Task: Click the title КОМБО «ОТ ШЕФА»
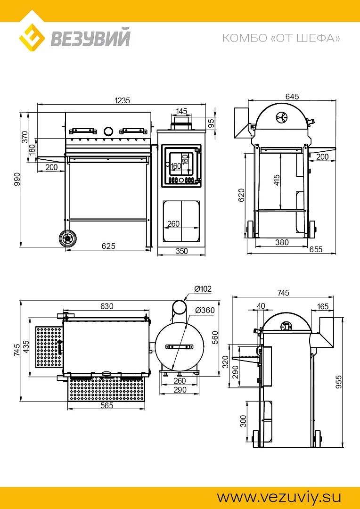[281, 38]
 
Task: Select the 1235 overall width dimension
[122, 100]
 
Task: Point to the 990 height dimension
[17, 180]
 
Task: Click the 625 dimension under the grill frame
[108, 246]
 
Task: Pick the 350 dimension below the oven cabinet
[181, 252]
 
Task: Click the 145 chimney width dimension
[181, 111]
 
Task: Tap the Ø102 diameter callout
[203, 289]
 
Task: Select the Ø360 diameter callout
[205, 310]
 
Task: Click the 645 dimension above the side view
[292, 97]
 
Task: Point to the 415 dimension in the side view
[277, 180]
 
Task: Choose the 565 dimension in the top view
[107, 406]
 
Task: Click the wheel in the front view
[68, 238]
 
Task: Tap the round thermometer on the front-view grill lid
[108, 131]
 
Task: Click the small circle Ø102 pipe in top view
[179, 307]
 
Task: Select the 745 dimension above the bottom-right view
[283, 293]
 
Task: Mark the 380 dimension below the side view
[282, 243]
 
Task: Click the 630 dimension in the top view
[107, 306]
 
